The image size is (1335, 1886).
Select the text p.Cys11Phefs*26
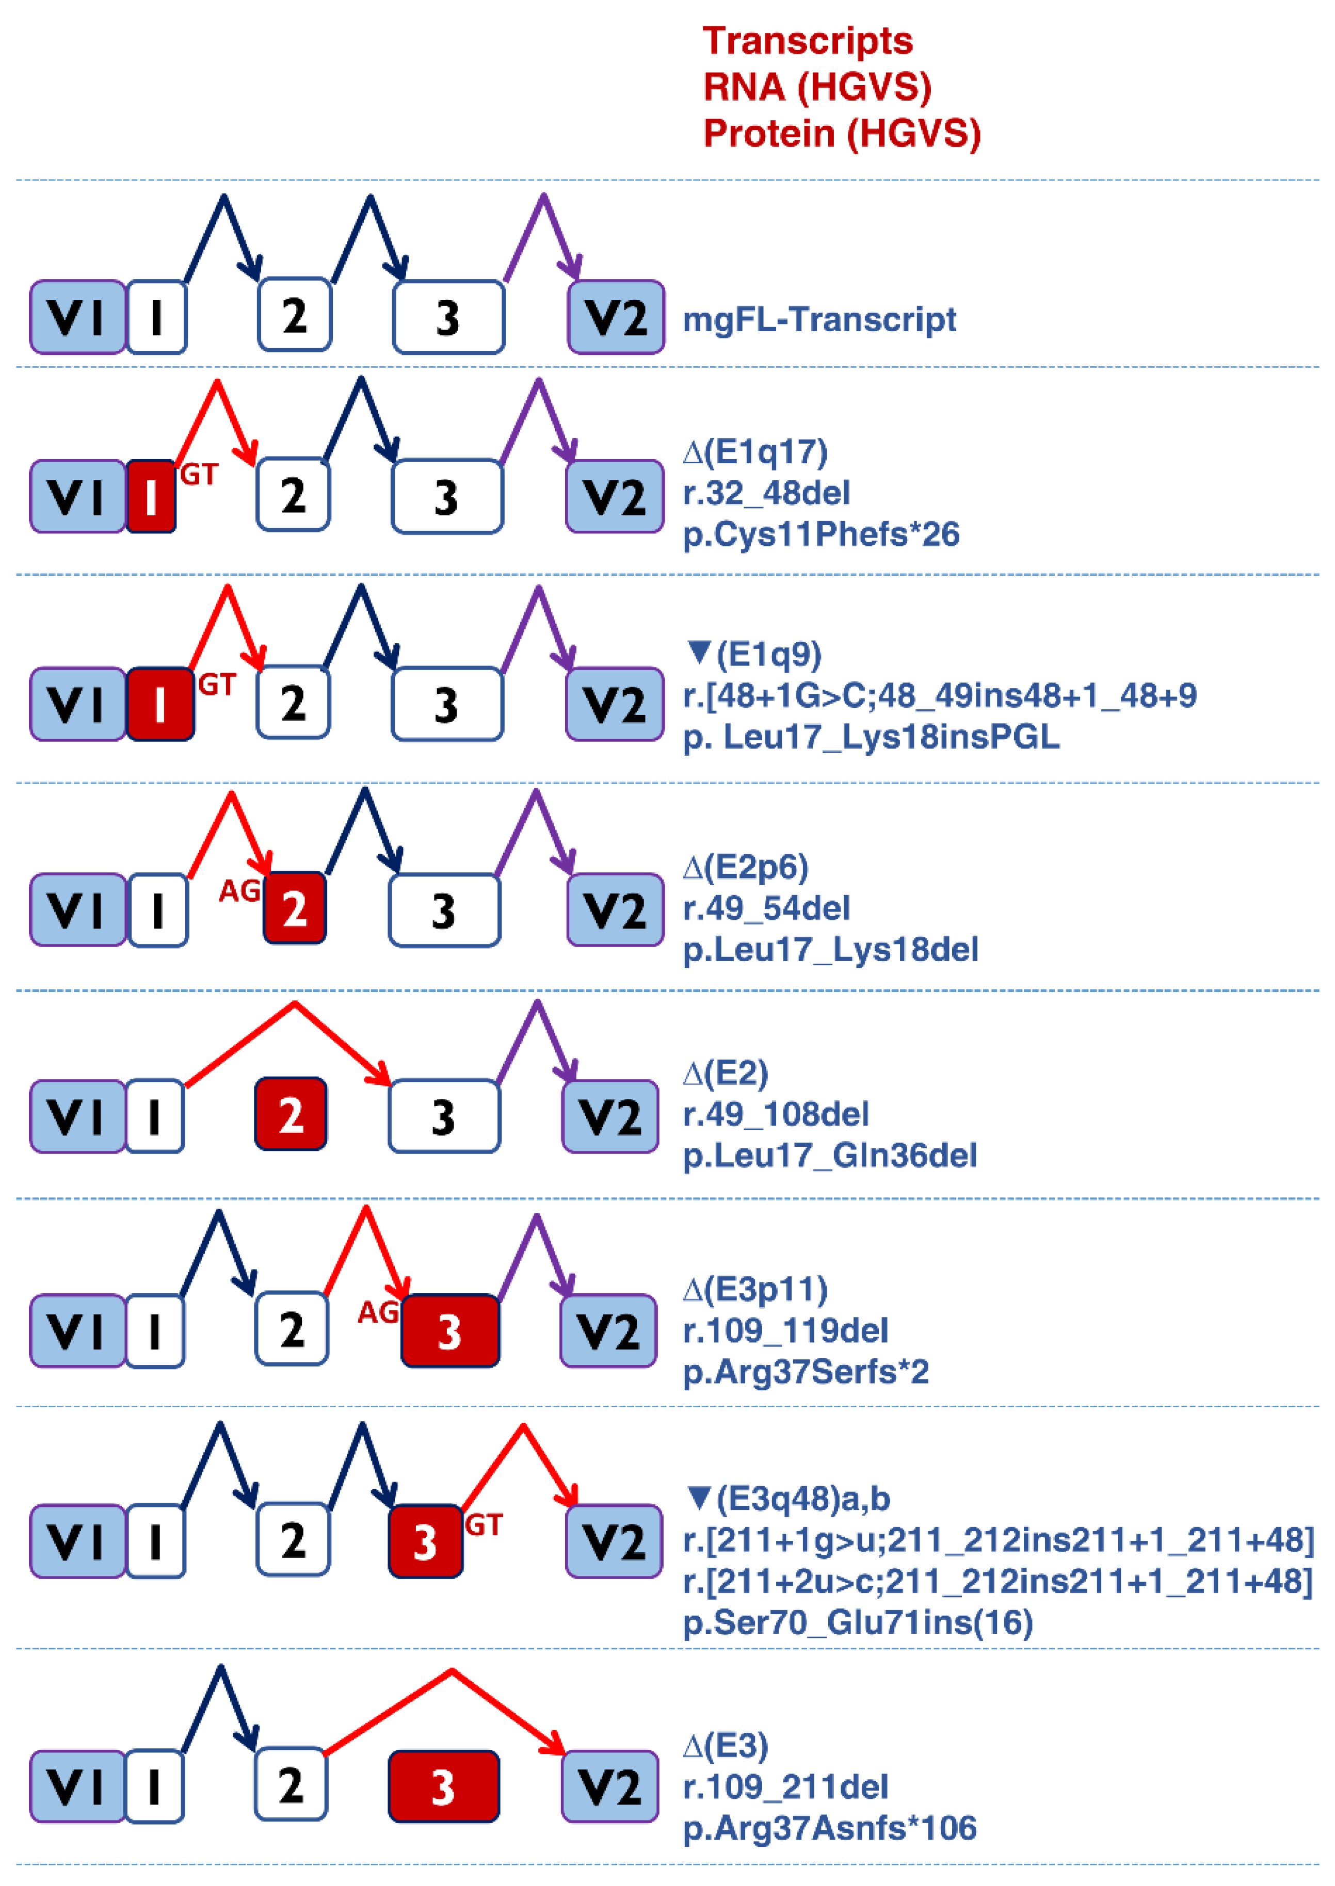821,534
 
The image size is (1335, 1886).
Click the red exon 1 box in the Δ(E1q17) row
151,496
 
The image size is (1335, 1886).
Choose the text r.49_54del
766,908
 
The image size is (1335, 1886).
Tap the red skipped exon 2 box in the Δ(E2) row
291,1114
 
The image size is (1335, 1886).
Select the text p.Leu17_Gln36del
829,1156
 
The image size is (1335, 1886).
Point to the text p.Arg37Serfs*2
806,1372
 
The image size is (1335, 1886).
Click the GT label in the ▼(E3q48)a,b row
484,1525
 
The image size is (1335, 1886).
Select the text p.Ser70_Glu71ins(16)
857,1622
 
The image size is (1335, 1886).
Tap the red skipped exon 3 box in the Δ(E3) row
443,1787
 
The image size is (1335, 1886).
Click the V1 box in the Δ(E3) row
77,1786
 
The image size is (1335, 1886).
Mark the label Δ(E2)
725,1073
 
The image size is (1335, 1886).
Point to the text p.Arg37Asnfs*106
829,1828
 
